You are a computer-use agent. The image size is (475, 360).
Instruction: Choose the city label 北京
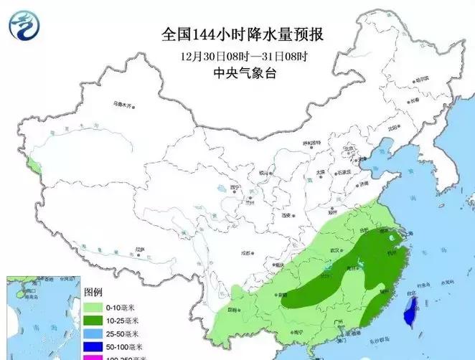pos(350,149)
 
